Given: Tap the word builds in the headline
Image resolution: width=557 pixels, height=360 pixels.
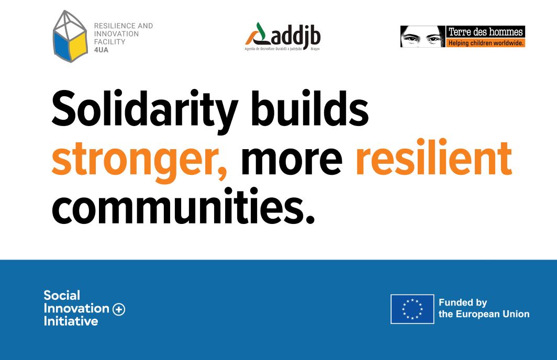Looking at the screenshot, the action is pos(310,108).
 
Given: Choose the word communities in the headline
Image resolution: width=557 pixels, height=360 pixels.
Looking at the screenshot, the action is pos(184,207).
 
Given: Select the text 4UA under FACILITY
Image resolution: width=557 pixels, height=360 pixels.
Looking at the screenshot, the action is pos(101,50).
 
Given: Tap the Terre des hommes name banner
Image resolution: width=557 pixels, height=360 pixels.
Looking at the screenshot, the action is pos(486,32).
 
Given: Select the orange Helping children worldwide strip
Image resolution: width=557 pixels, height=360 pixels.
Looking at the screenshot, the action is pos(486,43).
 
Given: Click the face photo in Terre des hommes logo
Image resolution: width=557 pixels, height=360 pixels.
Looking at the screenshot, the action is pos(423,37).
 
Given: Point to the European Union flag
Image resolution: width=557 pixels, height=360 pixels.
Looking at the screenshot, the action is pos(413,309).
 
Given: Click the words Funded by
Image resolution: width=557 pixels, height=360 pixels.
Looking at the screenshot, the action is pos(463,302).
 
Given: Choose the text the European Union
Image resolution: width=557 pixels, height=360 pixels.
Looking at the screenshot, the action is pos(484,314).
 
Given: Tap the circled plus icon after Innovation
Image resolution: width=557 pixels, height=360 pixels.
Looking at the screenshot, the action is pos(119,309).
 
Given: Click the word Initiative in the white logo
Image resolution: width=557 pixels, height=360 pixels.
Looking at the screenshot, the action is pos(71,321).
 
